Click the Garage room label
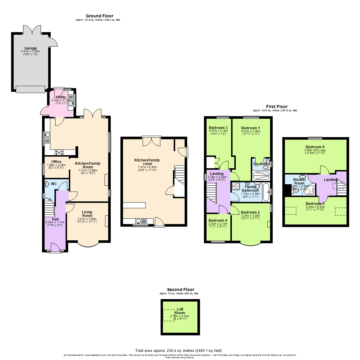click(30, 48)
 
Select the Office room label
click(52, 162)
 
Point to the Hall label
click(55, 219)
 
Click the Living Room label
click(87, 214)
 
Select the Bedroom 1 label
click(250, 128)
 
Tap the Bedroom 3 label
click(218, 128)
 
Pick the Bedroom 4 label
click(218, 220)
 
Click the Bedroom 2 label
click(250, 212)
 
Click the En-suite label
click(260, 164)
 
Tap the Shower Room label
click(299, 181)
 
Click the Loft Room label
click(180, 311)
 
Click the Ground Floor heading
click(99, 16)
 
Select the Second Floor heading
click(181, 289)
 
